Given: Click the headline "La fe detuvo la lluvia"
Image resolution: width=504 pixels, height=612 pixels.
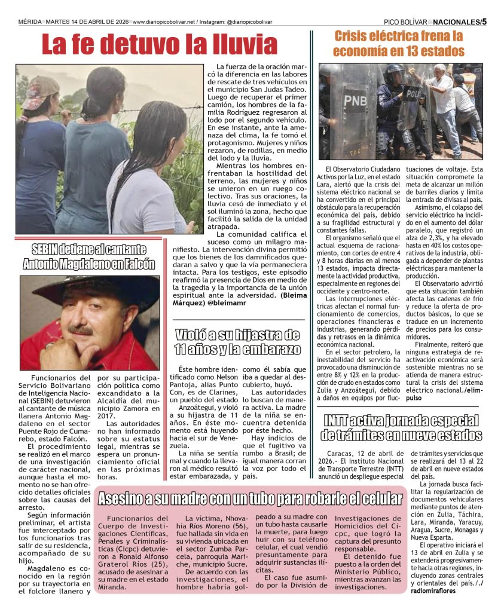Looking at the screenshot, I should (x=160, y=44).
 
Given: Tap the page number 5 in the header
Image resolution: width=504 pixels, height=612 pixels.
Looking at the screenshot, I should (x=484, y=22).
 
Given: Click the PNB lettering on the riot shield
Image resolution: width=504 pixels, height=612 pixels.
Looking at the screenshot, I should (x=355, y=100).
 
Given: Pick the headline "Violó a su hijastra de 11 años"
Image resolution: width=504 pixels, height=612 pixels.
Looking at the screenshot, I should (x=237, y=342).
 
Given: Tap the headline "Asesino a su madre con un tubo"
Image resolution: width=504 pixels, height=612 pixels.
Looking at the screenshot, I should (x=251, y=498).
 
